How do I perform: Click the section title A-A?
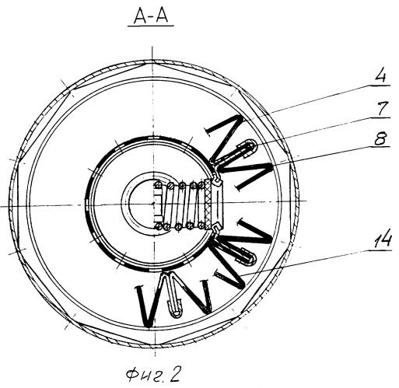(x=151, y=17)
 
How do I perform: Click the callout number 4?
(x=381, y=76)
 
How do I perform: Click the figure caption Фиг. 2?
(x=153, y=376)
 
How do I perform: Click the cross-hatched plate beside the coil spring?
(x=208, y=204)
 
